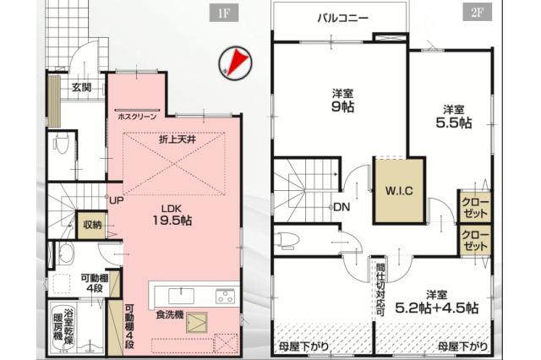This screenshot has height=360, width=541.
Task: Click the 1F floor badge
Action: point(224,14)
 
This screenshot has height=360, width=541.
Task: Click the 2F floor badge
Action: point(477,14)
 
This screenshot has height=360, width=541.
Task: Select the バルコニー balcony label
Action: point(342,18)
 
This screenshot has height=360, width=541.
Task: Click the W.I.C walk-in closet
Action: point(399,191)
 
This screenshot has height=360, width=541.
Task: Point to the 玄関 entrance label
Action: point(81,87)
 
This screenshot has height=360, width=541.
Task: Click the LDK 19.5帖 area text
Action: point(172,215)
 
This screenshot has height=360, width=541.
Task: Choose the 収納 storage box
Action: point(92,225)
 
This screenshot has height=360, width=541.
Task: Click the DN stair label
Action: point(342,207)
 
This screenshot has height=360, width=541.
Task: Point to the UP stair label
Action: point(117,200)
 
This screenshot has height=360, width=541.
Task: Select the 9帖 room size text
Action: point(342,106)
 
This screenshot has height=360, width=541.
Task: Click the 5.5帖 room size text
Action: point(453,123)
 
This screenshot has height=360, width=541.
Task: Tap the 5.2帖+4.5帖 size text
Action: point(436,308)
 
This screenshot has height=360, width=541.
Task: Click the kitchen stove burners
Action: point(225,297)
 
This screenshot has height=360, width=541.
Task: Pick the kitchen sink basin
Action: point(181,297)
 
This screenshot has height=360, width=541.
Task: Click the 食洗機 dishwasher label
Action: point(169,314)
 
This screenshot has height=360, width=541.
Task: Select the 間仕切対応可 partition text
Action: point(380,290)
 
